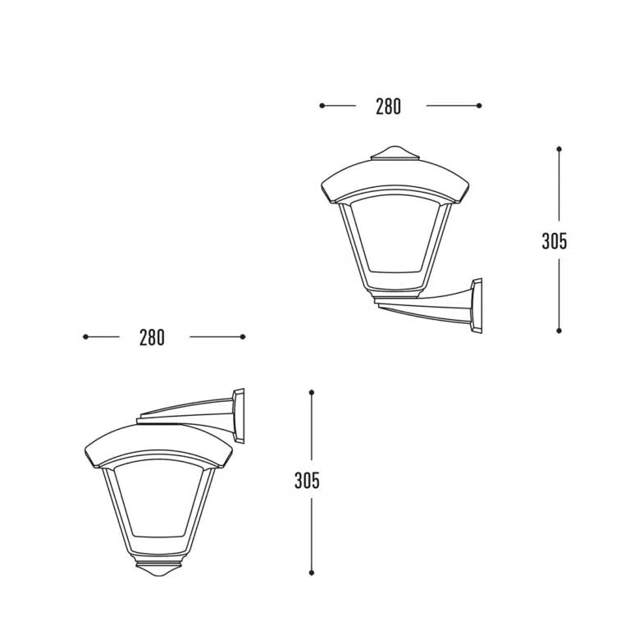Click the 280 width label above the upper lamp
tap(389, 107)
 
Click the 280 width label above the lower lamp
tap(152, 337)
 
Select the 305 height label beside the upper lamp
tap(555, 241)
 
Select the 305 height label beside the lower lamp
tap(307, 482)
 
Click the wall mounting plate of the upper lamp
tap(476, 305)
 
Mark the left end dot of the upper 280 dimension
tap(322, 105)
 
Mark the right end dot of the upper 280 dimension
tap(480, 105)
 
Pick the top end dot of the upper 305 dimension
tap(559, 149)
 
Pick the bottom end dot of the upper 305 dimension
tap(559, 331)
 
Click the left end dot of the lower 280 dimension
tap(85, 336)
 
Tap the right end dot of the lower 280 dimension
tap(243, 336)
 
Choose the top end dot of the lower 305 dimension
tap(312, 392)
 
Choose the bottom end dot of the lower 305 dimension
tap(312, 573)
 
